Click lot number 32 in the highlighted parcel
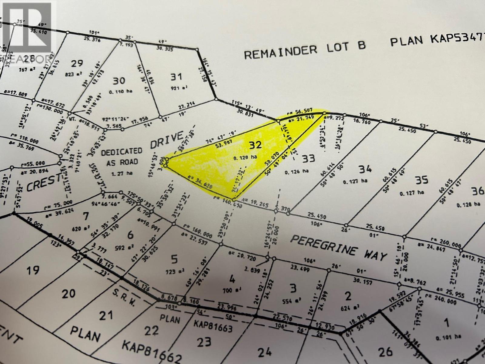click(x=255, y=145)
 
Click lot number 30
click(x=119, y=81)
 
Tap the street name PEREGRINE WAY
click(x=339, y=248)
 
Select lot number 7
click(x=86, y=217)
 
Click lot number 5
click(x=174, y=260)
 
